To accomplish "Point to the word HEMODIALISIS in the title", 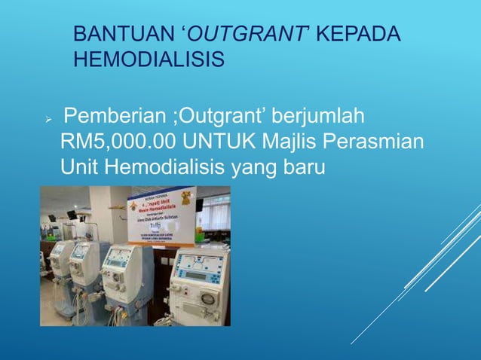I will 149,58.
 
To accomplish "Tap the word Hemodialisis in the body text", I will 165,166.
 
